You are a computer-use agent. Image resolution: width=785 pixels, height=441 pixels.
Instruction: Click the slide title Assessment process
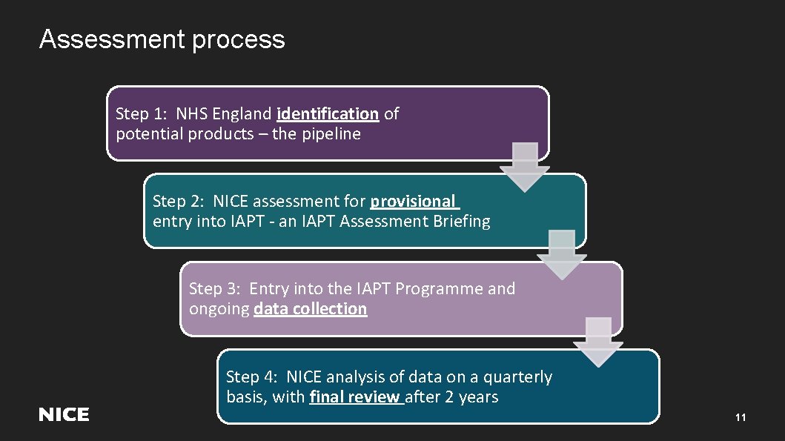[x=162, y=39]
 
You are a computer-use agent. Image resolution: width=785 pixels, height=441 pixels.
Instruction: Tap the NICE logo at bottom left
[x=64, y=415]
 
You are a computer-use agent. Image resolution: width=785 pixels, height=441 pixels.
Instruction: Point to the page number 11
[x=740, y=418]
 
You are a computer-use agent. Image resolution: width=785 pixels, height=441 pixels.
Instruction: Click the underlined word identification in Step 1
[x=327, y=114]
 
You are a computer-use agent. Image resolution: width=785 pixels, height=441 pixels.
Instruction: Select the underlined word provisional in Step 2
[x=413, y=202]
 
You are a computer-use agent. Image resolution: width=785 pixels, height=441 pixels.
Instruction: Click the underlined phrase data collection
[x=310, y=309]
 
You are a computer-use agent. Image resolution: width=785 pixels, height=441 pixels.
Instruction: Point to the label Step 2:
[x=179, y=202]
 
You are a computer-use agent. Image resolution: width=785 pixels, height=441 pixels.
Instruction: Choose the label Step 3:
[x=215, y=289]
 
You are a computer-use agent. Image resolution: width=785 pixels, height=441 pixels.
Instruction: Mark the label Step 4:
[x=252, y=377]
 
